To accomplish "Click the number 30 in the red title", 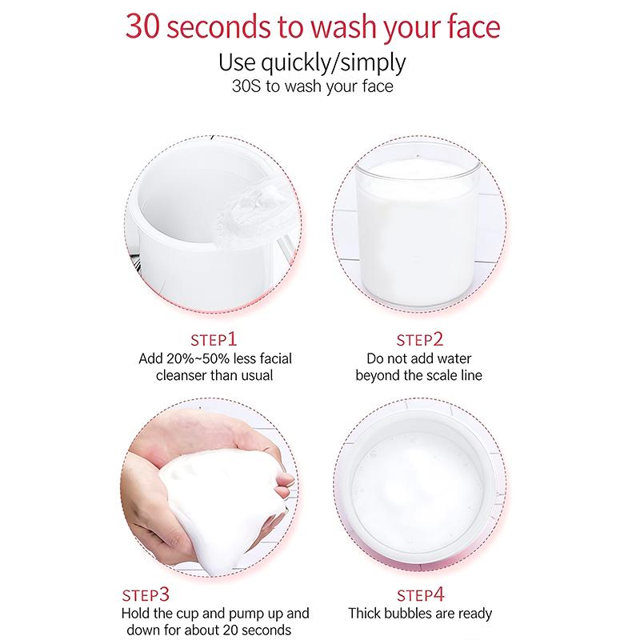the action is tap(142, 26).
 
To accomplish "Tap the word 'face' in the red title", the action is tap(474, 26).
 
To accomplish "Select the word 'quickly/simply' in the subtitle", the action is tap(333, 63).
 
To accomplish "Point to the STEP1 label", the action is tap(214, 339).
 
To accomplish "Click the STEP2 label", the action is tap(420, 339).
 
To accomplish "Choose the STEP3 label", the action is tap(146, 595).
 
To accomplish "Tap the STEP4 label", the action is tap(421, 595).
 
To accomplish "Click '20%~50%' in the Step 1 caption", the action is tap(193, 358).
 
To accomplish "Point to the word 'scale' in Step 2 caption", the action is tap(439, 375).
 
